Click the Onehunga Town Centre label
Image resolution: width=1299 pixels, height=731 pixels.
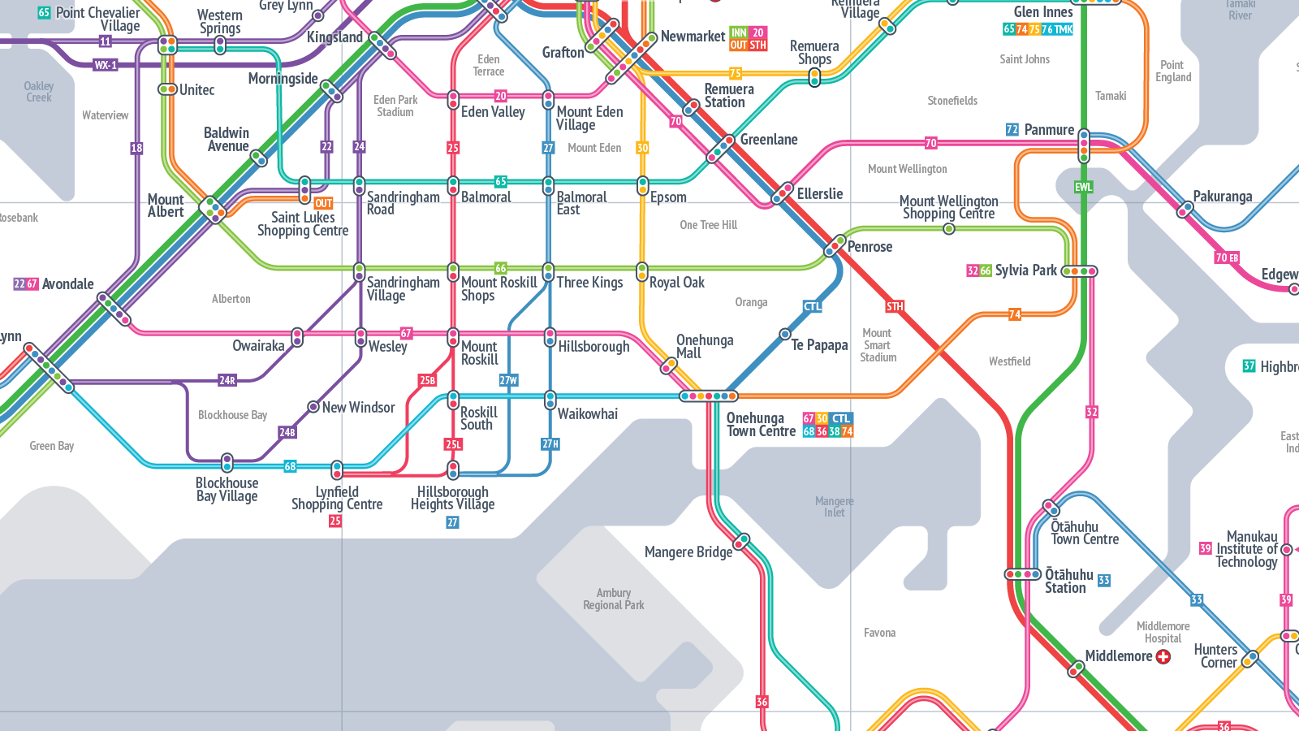pyautogui.click(x=761, y=425)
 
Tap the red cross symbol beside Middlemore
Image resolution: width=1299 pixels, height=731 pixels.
pyautogui.click(x=1163, y=656)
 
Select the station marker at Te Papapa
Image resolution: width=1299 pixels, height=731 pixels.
pyautogui.click(x=785, y=334)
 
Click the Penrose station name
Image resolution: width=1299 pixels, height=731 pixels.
pyautogui.click(x=870, y=247)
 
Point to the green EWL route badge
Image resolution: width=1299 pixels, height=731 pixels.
pyautogui.click(x=1083, y=187)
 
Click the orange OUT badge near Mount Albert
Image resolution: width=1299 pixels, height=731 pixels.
pyautogui.click(x=323, y=204)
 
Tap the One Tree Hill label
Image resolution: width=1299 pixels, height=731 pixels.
pyautogui.click(x=709, y=225)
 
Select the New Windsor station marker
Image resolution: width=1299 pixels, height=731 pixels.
pyautogui.click(x=313, y=407)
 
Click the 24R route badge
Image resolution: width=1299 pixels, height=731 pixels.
pyautogui.click(x=227, y=380)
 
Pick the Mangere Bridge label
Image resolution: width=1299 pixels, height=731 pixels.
pyautogui.click(x=688, y=552)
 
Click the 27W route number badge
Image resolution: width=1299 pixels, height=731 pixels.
pyautogui.click(x=508, y=380)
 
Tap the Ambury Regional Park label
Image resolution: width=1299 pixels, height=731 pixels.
pyautogui.click(x=614, y=599)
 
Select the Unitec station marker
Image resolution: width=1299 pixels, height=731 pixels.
pyautogui.click(x=167, y=89)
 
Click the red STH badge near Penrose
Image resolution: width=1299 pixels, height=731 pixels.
pyautogui.click(x=895, y=306)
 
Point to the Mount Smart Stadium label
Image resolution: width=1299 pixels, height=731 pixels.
pyautogui.click(x=878, y=345)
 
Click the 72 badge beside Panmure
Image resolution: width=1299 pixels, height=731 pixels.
pyautogui.click(x=1012, y=130)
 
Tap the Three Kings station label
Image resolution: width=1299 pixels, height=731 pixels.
pyautogui.click(x=589, y=283)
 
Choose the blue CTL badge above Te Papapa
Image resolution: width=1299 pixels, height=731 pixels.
pyautogui.click(x=813, y=306)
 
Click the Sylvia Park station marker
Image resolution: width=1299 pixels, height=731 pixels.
pyautogui.click(x=1079, y=271)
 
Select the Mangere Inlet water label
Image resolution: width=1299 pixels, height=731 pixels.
pyautogui.click(x=834, y=507)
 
